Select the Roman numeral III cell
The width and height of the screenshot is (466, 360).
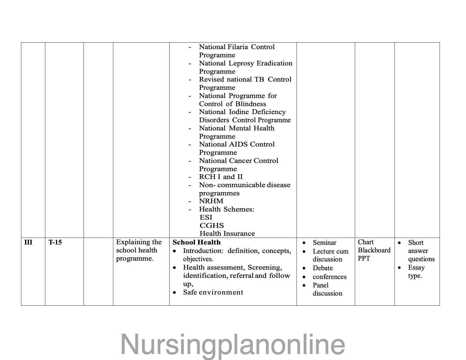pyautogui.click(x=28, y=242)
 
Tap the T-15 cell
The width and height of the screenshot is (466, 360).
pyautogui.click(x=55, y=242)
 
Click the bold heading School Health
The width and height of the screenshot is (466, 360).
pyautogui.click(x=197, y=242)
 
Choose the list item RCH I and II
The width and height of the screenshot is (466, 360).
pyautogui.click(x=221, y=177)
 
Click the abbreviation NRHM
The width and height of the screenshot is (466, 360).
pyautogui.click(x=211, y=201)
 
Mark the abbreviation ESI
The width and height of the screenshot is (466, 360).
pyautogui.click(x=206, y=217)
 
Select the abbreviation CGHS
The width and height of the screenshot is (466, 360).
pyautogui.click(x=212, y=226)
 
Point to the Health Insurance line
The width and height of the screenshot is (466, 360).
pyautogui.click(x=227, y=234)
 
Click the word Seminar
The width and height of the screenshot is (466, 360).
pyautogui.click(x=325, y=243)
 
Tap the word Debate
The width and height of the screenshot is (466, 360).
pyautogui.click(x=323, y=268)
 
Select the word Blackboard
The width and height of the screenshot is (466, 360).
pyautogui.click(x=374, y=250)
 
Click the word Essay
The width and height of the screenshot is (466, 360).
pyautogui.click(x=416, y=267)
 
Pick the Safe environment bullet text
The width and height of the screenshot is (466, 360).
pyautogui.click(x=213, y=292)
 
